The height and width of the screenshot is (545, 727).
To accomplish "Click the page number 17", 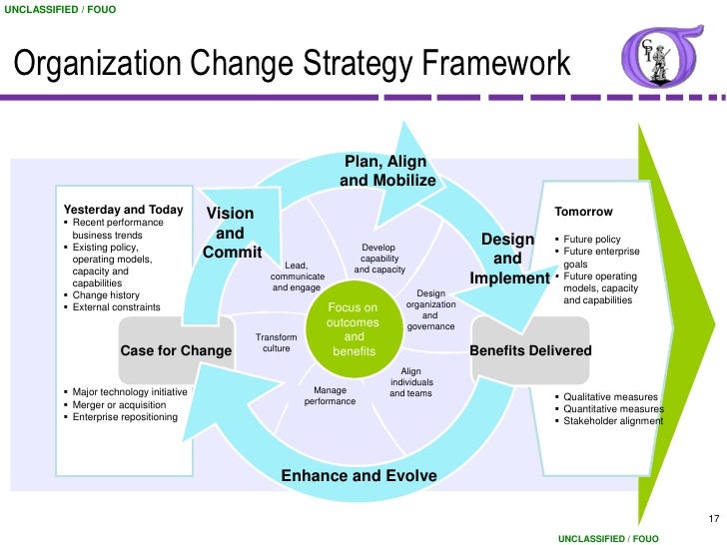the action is (x=713, y=518).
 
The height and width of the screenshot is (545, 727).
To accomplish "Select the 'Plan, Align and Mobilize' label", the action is (x=386, y=171).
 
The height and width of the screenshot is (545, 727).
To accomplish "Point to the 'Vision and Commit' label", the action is (x=231, y=233).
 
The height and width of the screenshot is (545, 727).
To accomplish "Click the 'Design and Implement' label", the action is (x=508, y=260).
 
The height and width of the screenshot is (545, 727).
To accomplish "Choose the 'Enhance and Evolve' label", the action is (x=359, y=475).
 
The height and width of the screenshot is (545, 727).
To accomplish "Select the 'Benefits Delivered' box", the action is (x=530, y=350).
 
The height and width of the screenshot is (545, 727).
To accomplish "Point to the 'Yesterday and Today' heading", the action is (x=123, y=210).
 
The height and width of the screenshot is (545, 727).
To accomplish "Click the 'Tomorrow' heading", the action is (x=583, y=212).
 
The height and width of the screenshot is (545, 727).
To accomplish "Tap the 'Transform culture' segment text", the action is (x=276, y=343).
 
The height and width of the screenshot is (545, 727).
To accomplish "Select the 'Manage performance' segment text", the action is (x=330, y=395).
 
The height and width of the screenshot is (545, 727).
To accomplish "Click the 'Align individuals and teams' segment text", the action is (x=410, y=382).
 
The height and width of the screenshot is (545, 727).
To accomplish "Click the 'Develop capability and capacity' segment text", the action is (x=379, y=259).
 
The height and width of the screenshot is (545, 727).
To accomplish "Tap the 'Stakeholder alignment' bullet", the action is (x=612, y=420).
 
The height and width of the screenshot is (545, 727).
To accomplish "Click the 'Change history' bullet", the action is (x=105, y=295).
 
